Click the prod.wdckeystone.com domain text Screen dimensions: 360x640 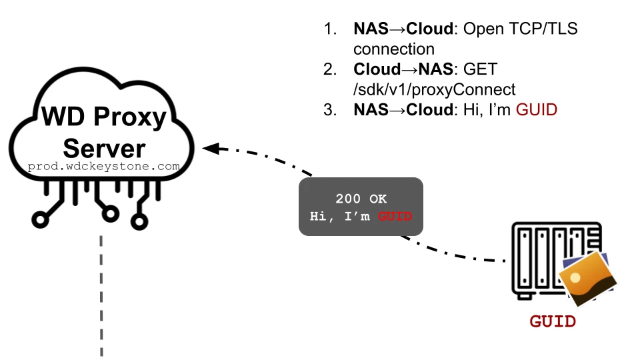103,167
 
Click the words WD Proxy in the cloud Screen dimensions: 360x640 103,117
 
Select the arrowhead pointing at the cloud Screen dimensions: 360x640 212,148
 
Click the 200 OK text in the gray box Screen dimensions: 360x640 361,199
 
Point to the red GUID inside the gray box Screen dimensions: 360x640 395,217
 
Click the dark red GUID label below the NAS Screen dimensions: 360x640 553,322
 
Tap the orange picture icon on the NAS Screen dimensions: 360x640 587,277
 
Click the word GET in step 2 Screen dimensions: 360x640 480,69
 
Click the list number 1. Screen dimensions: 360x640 329,29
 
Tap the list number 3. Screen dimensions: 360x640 329,109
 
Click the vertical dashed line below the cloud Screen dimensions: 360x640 101,293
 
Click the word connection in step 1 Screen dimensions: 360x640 394,49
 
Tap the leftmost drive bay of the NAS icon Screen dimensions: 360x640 524,259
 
